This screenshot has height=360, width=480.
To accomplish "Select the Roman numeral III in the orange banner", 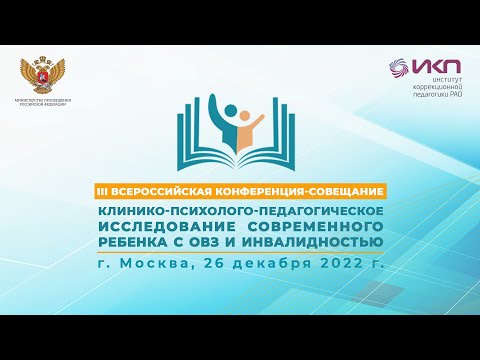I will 127,189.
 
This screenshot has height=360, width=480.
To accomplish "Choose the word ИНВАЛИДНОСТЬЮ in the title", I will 319,242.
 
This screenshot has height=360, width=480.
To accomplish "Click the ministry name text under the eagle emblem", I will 43,104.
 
